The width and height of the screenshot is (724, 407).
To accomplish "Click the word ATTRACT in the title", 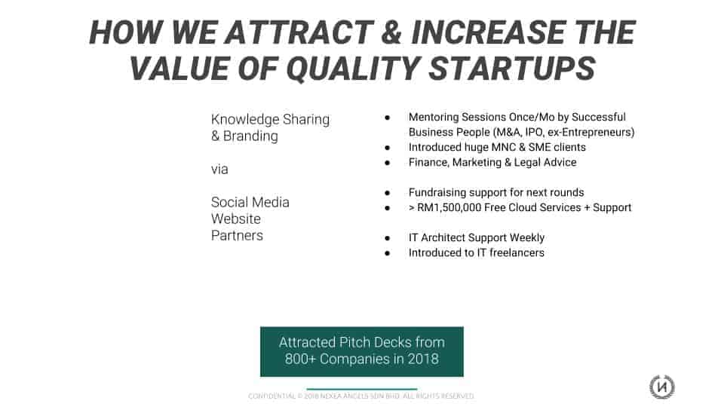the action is click(x=299, y=32).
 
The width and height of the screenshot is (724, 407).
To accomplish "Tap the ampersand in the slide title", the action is click(x=392, y=32).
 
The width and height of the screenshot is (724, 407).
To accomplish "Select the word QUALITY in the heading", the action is click(x=354, y=69).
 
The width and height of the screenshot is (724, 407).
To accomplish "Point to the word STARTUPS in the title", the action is click(x=512, y=69).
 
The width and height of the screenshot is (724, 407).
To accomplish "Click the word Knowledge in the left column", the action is click(x=245, y=120).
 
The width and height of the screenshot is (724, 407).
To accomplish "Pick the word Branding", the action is click(x=250, y=136).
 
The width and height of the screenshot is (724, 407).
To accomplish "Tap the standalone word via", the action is click(x=219, y=170).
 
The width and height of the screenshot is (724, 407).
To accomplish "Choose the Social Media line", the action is click(x=250, y=202).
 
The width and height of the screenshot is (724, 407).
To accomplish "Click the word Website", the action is click(x=235, y=219).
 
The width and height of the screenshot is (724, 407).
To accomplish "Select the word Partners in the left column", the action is click(x=237, y=235).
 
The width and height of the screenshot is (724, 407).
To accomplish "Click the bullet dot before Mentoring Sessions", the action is click(x=388, y=118).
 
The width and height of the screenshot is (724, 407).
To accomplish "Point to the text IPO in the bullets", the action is click(x=534, y=133).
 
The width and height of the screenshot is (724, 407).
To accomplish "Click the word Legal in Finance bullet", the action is click(x=528, y=163).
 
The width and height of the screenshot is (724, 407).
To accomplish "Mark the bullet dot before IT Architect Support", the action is click(x=388, y=238).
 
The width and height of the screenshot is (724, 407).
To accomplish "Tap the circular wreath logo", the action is click(x=661, y=387).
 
